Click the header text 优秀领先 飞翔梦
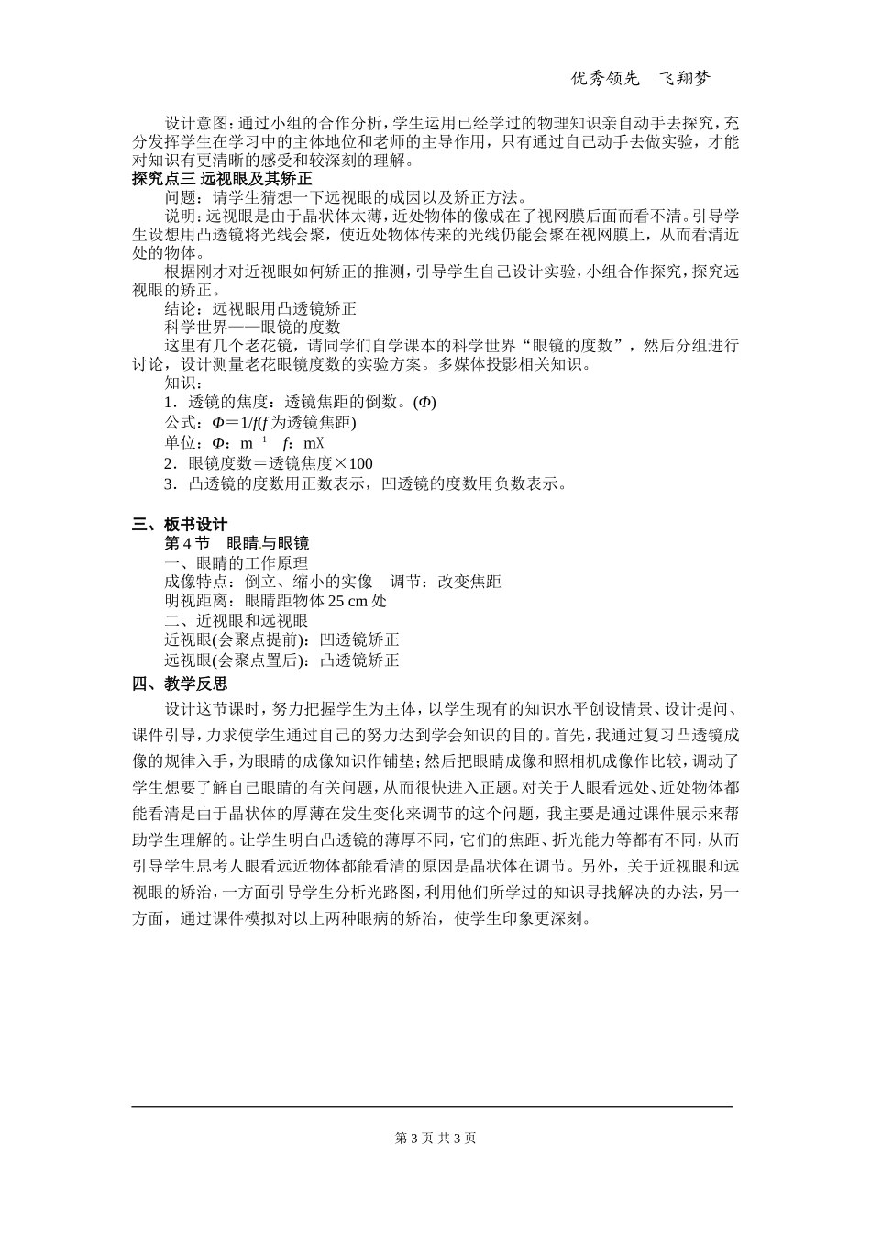point(640,79)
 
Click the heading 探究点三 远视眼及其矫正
point(222,178)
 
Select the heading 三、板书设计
point(179,524)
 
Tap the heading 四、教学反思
point(179,683)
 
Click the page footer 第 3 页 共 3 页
point(435,1138)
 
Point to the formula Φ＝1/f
point(237,423)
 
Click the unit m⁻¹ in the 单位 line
point(254,443)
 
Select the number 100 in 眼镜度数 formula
point(360,463)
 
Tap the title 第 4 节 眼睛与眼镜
point(237,543)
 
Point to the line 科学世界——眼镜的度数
point(252,327)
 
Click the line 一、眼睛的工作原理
point(236,562)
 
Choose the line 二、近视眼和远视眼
point(236,621)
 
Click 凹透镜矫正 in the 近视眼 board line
point(359,640)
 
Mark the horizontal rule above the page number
point(433,1107)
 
